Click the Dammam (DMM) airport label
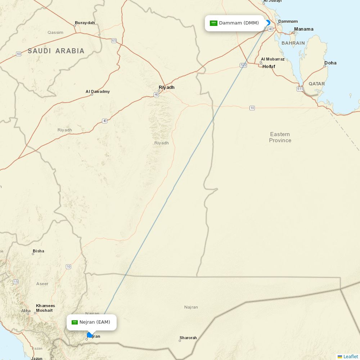pyautogui.click(x=239, y=23)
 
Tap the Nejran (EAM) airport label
pyautogui.click(x=95, y=322)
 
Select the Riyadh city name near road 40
pyautogui.click(x=166, y=87)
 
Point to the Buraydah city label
pyautogui.click(x=85, y=23)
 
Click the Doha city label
pyautogui.click(x=330, y=63)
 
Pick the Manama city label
pyautogui.click(x=303, y=29)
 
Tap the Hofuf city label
pyautogui.click(x=269, y=67)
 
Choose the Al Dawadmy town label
pyautogui.click(x=98, y=92)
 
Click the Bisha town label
pyautogui.click(x=39, y=251)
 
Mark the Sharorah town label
pyautogui.click(x=188, y=338)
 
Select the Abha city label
pyautogui.click(x=26, y=311)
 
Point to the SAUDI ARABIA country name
pyautogui.click(x=56, y=51)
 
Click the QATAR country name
pyautogui.click(x=316, y=84)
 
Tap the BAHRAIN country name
pyautogui.click(x=293, y=43)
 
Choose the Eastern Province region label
pyautogui.click(x=280, y=137)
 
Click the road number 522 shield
pyautogui.click(x=243, y=65)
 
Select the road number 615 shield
pyautogui.click(x=300, y=89)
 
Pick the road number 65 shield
pyautogui.click(x=114, y=41)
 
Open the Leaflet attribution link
pyautogui.click(x=350, y=356)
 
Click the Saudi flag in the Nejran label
pyautogui.click(x=75, y=322)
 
